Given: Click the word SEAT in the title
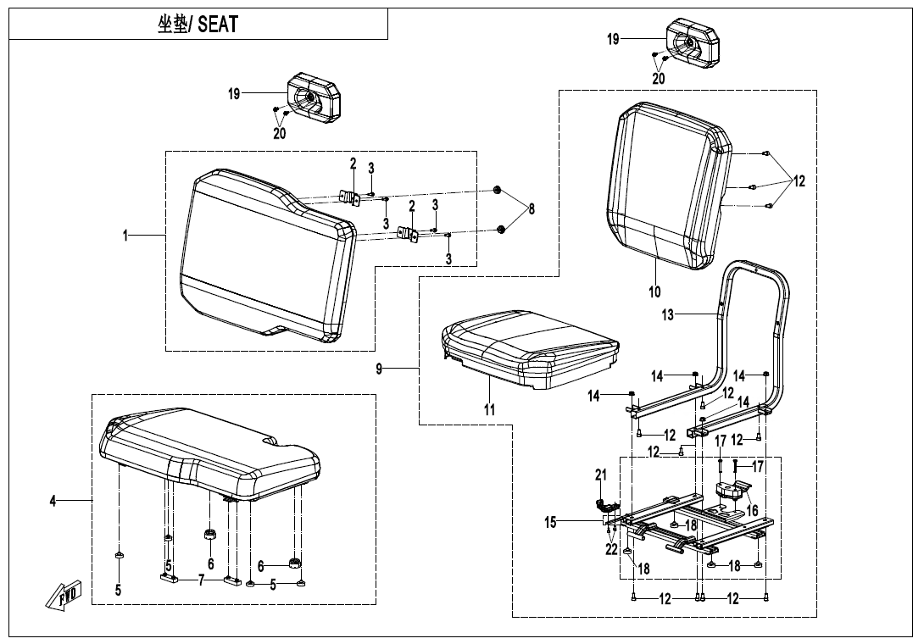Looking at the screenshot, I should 218,25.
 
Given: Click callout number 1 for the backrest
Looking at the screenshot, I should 125,236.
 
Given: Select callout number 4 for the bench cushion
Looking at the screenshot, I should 53,502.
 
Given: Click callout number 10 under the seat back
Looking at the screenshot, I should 654,292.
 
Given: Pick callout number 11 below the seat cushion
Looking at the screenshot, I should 490,410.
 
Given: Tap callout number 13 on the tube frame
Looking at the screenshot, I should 668,315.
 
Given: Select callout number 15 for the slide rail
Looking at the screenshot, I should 551,523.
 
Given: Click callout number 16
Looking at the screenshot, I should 750,511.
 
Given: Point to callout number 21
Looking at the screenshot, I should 601,475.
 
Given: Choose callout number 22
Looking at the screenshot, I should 611,550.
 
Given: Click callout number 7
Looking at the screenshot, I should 201,580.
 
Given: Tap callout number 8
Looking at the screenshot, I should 532,209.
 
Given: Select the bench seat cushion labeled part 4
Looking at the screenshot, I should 208,449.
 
